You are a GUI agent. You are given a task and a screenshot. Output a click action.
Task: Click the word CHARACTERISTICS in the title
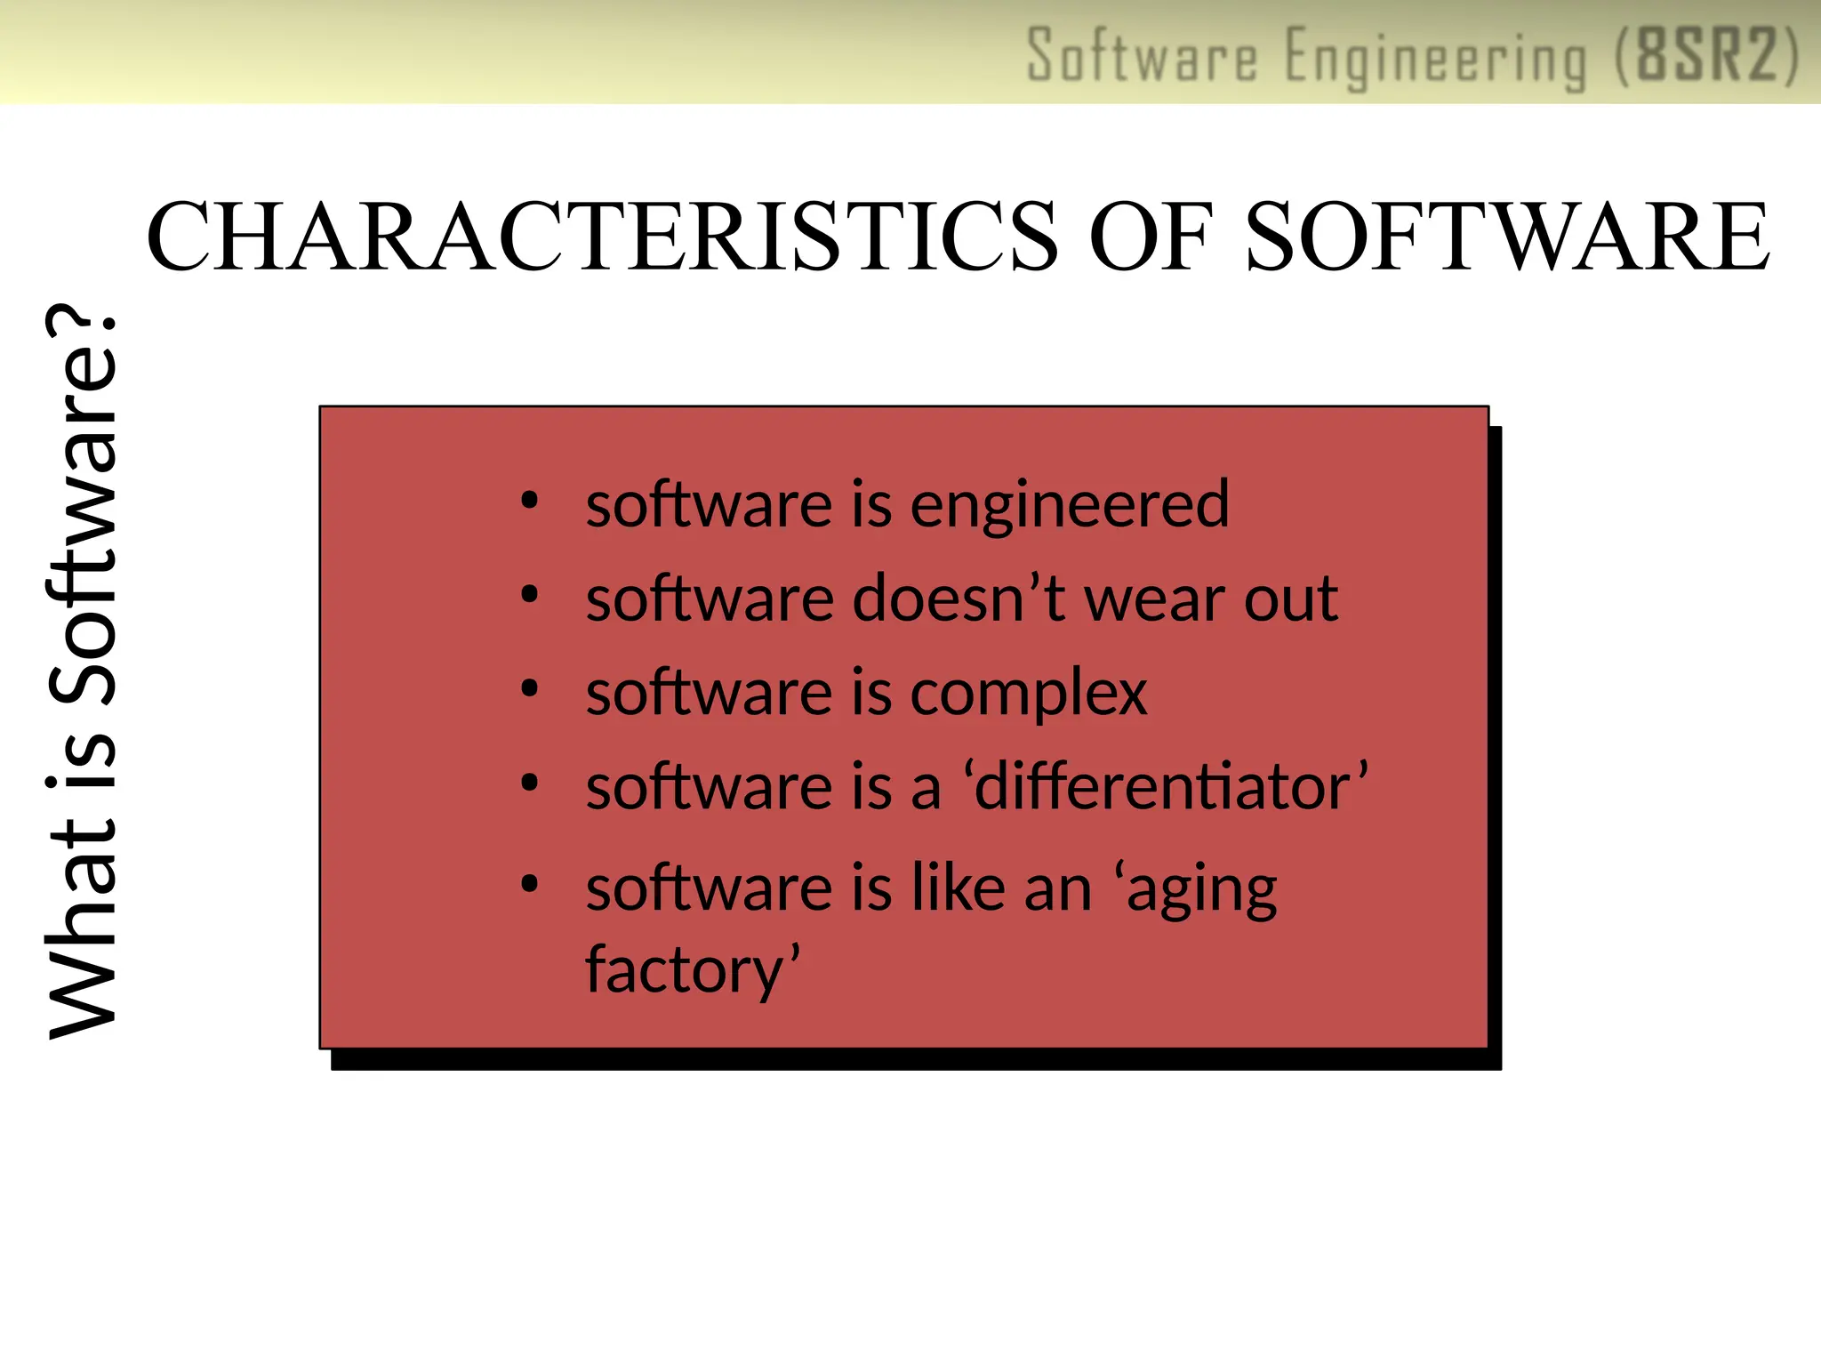click(603, 237)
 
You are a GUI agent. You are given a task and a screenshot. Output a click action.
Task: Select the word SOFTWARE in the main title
click(1508, 237)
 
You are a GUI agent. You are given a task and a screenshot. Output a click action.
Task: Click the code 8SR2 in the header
click(1707, 56)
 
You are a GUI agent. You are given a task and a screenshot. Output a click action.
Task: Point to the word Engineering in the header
click(1435, 59)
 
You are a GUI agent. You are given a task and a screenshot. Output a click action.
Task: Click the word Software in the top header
click(1143, 56)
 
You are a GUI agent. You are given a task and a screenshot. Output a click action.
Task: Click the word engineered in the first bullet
click(1070, 506)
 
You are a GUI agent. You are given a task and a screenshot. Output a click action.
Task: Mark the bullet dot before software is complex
click(530, 689)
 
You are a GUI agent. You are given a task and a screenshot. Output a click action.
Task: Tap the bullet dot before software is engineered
click(530, 502)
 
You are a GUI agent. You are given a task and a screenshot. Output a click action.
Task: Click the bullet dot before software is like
click(530, 884)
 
